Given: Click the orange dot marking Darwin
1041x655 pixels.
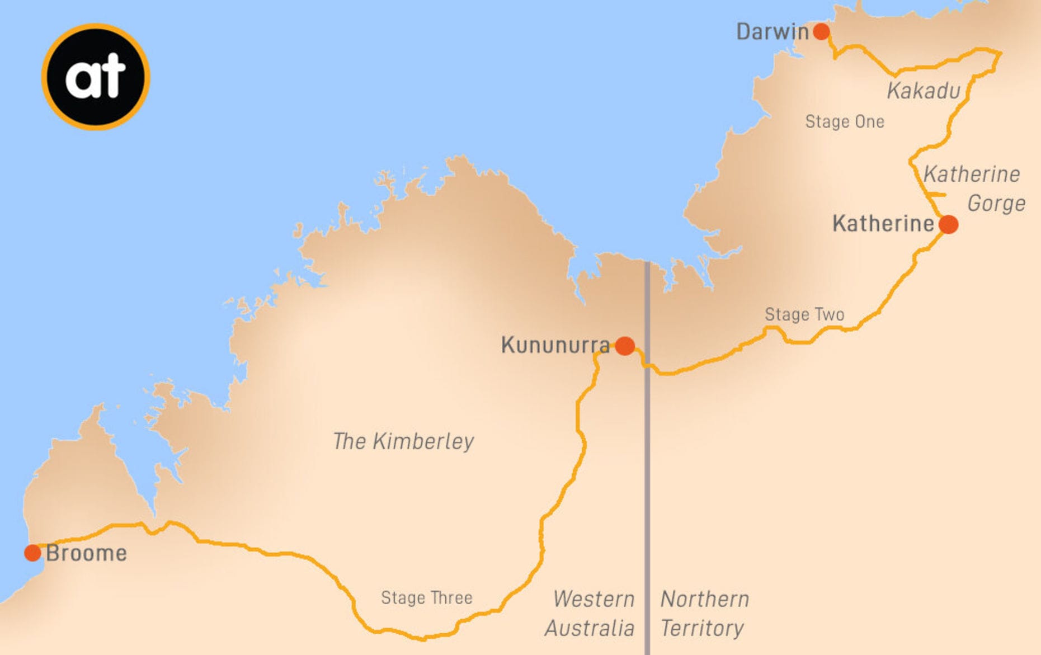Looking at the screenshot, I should [821, 31].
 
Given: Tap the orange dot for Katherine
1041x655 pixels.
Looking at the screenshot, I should [948, 224].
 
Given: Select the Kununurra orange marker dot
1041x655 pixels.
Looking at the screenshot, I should [625, 346].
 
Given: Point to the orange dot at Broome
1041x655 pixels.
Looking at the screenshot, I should [32, 553].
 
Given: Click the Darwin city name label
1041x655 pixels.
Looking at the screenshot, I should [772, 32].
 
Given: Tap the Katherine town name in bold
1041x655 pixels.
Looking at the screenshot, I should [883, 224].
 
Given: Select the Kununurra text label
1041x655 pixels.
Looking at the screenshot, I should [555, 345].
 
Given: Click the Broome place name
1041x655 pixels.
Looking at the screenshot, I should [86, 553].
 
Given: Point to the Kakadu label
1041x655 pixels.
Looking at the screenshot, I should [924, 91].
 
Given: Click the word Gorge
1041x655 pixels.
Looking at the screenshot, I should [996, 204].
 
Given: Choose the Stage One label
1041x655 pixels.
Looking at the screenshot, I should [845, 121].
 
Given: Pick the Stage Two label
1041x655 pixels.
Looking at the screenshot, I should [804, 314].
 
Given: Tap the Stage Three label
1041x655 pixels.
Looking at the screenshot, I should [426, 597].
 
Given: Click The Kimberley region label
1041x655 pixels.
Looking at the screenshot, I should [403, 441].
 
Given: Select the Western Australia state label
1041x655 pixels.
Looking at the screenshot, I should [590, 613].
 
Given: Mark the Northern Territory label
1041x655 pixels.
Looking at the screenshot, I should [704, 613].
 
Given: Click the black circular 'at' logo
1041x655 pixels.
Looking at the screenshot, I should [96, 77].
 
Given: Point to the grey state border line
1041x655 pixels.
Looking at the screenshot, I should [647, 475].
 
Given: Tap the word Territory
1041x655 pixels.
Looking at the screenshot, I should [702, 628].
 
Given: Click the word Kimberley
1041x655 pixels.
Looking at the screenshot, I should [423, 441].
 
